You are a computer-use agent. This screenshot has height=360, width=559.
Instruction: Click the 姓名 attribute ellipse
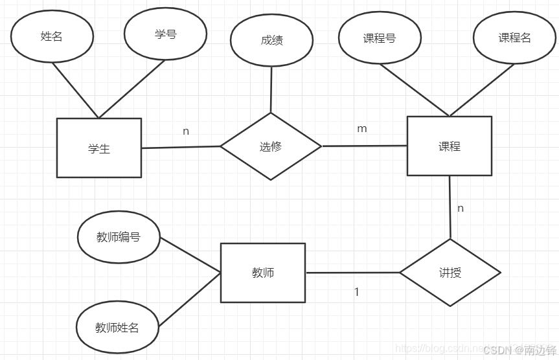52,37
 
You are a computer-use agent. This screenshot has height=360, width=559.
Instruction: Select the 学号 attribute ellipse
165,34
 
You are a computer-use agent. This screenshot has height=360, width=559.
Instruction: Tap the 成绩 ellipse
271,40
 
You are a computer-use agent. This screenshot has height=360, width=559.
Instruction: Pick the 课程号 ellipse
380,38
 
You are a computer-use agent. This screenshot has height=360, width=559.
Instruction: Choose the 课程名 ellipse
514,38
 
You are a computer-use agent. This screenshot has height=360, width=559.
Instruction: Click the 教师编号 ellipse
119,237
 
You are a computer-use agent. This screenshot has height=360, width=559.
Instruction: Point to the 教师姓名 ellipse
117,328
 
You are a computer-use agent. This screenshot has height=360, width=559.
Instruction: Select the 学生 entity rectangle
99,148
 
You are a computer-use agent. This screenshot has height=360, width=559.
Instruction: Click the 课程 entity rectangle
449,146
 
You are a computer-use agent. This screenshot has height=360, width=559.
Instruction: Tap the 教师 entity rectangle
262,273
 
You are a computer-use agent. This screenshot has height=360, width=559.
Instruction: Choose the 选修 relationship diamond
271,146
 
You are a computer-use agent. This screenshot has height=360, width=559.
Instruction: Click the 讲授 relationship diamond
450,273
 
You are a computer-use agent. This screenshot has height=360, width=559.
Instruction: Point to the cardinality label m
362,129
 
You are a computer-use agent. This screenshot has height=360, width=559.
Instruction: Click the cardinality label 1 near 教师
356,292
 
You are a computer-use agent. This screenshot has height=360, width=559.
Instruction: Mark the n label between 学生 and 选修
186,131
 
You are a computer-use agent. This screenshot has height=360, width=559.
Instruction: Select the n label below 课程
461,208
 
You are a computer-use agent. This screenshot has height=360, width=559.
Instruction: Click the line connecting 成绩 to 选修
271,89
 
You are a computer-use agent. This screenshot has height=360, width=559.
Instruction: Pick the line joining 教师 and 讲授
352,273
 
